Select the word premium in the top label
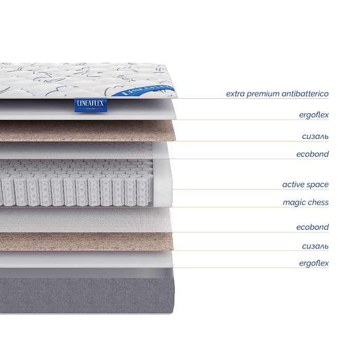(264, 94)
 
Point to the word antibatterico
(305, 94)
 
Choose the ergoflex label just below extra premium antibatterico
(314, 115)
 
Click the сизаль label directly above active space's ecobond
(315, 136)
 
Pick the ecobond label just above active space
(312, 154)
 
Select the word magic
(294, 203)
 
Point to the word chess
(318, 203)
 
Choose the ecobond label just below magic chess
(312, 227)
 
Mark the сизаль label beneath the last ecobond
(315, 246)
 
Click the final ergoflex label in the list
(314, 264)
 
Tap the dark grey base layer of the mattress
(87, 296)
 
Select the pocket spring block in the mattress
(77, 183)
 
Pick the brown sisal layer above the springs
(87, 131)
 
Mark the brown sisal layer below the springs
(87, 241)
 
